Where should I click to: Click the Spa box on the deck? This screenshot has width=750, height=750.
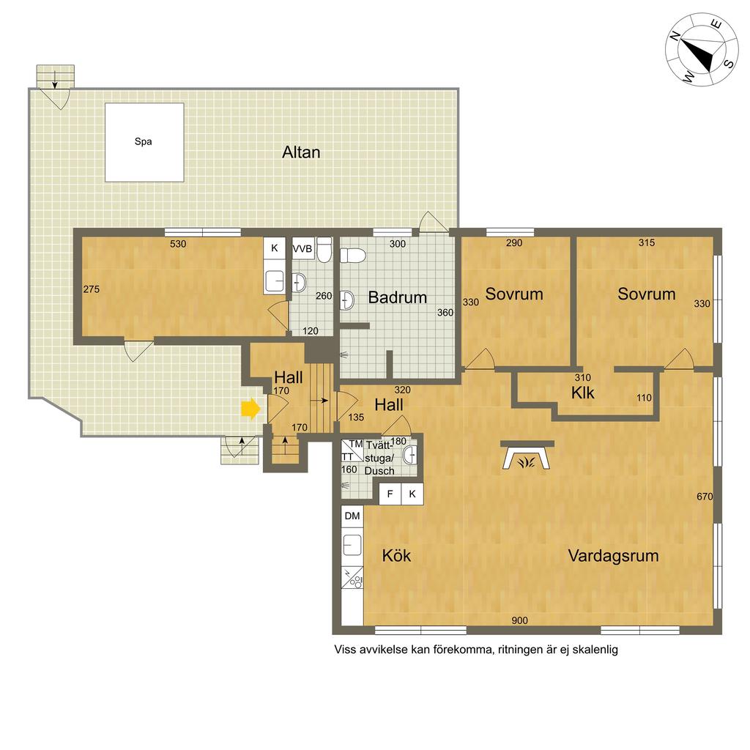[x=144, y=142]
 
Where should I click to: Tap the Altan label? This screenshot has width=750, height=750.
[x=301, y=152]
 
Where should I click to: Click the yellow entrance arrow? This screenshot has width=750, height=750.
[x=251, y=409]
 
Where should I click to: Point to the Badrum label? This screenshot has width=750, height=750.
[x=397, y=297]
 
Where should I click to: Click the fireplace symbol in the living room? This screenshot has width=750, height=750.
[x=527, y=455]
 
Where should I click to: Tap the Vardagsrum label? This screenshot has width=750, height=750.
[x=613, y=555]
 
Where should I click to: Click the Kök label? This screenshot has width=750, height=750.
[x=396, y=555]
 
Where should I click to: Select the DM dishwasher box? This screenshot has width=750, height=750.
[x=352, y=516]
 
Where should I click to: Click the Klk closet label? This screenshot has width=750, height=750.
[x=582, y=393]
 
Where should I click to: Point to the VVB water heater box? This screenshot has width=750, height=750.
[x=302, y=249]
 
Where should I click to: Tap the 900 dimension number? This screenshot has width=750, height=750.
[x=519, y=620]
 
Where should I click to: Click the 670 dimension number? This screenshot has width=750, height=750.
[x=705, y=497]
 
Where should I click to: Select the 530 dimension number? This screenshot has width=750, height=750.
[x=178, y=244]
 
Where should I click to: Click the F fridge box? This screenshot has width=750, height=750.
[x=390, y=494]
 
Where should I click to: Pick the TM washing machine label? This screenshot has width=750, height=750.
[x=355, y=444]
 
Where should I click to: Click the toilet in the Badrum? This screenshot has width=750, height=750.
[x=353, y=255]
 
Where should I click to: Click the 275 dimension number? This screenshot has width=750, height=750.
[x=92, y=289]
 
